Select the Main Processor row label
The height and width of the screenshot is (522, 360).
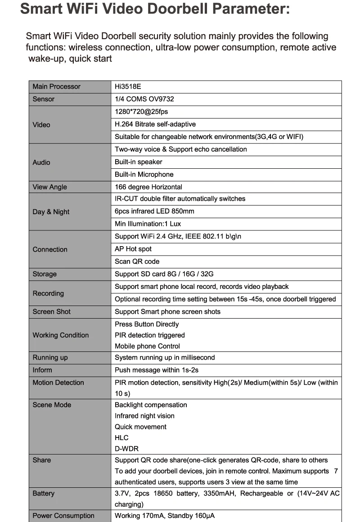coord(56,86)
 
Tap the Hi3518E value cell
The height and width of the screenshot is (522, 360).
coord(128,86)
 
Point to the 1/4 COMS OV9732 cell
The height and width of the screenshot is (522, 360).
coord(144,99)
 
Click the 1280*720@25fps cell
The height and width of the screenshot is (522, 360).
coord(141,112)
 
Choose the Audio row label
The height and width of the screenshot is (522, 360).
coord(41,162)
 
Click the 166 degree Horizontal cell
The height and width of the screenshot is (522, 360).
coord(148,187)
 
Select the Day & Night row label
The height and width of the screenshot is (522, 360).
coord(51,212)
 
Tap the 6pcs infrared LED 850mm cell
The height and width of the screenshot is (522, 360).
coord(154,211)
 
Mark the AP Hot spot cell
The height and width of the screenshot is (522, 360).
coord(133,249)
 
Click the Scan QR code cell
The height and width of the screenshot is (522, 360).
coord(137,261)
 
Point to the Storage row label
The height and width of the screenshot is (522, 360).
coord(45,274)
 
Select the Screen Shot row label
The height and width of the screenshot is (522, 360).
coord(51,311)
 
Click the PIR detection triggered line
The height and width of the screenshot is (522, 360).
coord(149,335)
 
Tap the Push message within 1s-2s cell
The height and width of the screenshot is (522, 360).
coord(157,370)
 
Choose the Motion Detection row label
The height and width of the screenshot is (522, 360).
coord(58,382)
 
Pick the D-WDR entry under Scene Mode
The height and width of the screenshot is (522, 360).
coord(126,449)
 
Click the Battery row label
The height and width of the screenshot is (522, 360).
coord(43,493)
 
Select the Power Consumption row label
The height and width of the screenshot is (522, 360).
coord(63,516)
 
